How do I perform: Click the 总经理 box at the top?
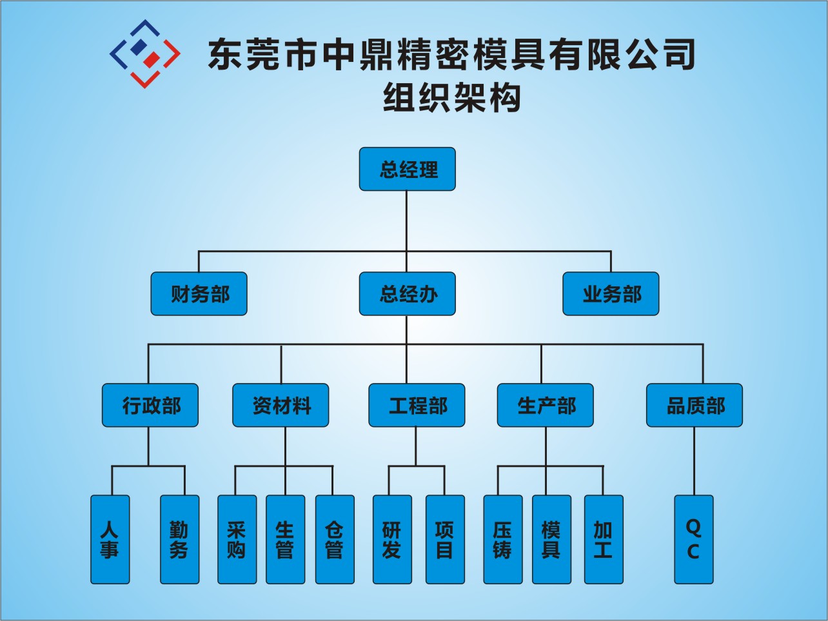pos(407,169)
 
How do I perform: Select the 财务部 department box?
pos(199,294)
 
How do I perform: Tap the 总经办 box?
pos(407,294)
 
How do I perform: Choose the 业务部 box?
pos(611,294)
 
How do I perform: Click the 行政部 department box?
pos(150,406)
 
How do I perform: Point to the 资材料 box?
pos(281,406)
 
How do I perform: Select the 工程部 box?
pos(417,406)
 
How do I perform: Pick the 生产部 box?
pos(545,406)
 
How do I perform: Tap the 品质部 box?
pos(695,406)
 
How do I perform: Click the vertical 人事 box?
pos(110,540)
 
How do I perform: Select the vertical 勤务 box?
pos(180,540)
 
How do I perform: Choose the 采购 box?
pos(237,540)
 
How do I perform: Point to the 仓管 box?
pos(335,540)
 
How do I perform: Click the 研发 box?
pos(392,540)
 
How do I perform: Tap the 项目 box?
pos(445,540)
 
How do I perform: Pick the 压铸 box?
pos(503,540)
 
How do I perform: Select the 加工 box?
pos(604,540)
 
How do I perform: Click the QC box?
pos(694,540)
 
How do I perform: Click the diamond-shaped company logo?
pos(145,54)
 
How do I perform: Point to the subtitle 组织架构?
pos(451,98)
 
